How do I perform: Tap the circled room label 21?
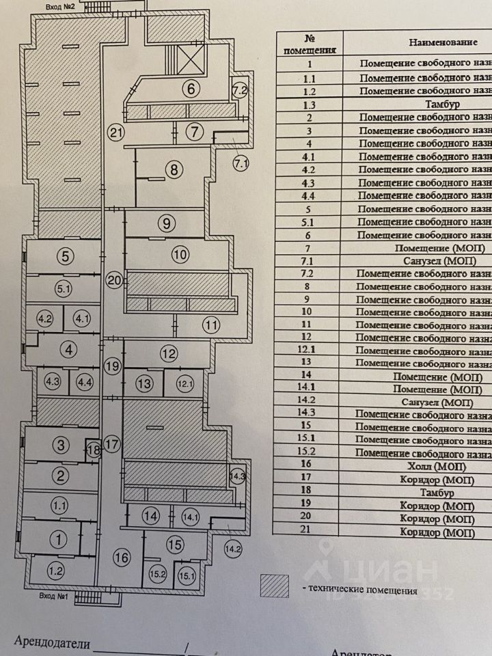(x=117, y=133)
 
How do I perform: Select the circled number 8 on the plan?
(x=175, y=169)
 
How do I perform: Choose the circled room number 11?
(x=211, y=325)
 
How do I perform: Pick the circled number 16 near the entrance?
(x=122, y=558)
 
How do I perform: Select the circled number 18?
(x=94, y=450)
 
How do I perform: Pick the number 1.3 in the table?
(x=309, y=105)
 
